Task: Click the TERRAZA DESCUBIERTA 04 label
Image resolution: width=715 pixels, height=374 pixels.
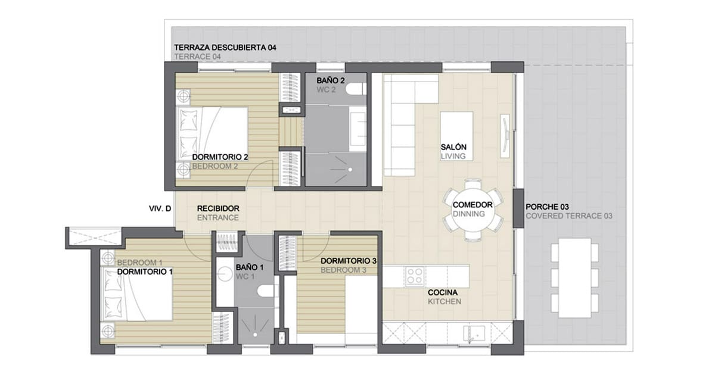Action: coord(225,48)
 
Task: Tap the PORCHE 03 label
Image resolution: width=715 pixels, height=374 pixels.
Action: coord(547,207)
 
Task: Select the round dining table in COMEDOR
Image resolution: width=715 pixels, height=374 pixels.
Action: coord(472,210)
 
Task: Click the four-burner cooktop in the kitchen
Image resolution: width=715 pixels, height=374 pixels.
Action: coord(415,276)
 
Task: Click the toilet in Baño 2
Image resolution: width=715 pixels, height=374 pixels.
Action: coord(355,89)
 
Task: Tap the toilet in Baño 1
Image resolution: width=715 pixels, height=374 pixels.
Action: coord(266,291)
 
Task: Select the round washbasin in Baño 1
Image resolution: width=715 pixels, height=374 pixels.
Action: coord(225,275)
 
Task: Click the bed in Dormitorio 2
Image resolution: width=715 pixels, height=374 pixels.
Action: coord(212,134)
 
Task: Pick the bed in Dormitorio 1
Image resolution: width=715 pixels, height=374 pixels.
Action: coord(136,294)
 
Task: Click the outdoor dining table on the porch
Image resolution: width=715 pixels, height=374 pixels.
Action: coord(574,278)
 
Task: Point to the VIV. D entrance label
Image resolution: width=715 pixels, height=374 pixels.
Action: coord(160,208)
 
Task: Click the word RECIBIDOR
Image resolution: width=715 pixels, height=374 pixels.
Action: coord(218,208)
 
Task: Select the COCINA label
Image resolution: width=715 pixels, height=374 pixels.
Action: coord(442,292)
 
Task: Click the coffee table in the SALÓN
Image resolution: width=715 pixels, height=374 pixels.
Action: coord(456,136)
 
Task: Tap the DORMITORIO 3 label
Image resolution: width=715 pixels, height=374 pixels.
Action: coord(349,261)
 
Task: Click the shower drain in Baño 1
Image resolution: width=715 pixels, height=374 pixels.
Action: coord(256,335)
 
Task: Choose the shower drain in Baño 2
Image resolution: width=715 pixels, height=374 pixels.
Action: coord(350,170)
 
